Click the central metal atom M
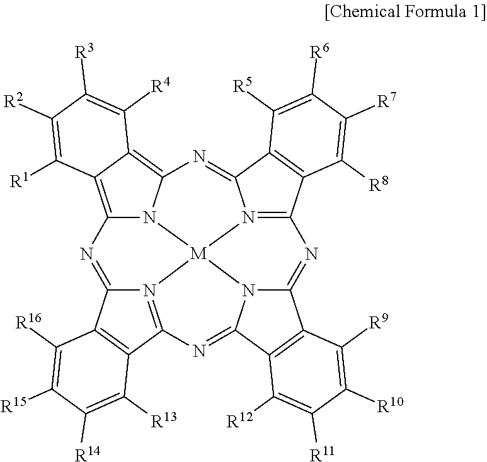pyautogui.click(x=197, y=255)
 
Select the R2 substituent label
pyautogui.click(x=14, y=100)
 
